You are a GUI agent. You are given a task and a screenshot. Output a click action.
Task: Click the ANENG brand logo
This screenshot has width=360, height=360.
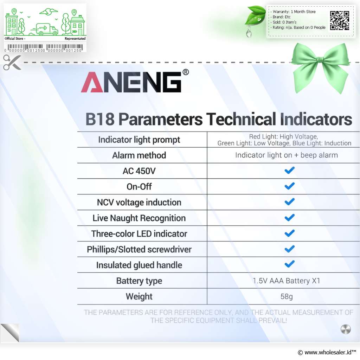tap(131, 82)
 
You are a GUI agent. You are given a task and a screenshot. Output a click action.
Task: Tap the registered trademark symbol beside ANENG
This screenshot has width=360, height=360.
tap(186, 72)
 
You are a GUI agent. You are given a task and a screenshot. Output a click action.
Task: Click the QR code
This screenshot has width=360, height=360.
tap(340, 21)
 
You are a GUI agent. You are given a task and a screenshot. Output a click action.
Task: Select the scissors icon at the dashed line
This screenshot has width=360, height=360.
tap(12, 62)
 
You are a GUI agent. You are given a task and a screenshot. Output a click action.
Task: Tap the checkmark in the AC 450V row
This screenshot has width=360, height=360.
tap(289, 171)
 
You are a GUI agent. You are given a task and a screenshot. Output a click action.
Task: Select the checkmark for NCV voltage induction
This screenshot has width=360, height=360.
tap(289, 202)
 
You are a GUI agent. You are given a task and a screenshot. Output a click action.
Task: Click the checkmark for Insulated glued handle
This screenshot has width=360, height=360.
tap(289, 264)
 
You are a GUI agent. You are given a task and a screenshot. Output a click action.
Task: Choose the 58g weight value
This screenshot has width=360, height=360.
tap(287, 296)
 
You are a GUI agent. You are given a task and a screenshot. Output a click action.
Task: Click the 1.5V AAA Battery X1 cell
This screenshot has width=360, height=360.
tap(286, 281)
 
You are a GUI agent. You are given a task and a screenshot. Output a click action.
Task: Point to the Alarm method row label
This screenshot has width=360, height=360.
tap(139, 155)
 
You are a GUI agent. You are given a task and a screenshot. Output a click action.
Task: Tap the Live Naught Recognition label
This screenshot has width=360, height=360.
tap(139, 218)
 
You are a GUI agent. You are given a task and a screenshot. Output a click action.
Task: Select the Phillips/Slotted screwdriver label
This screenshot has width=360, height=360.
tap(139, 249)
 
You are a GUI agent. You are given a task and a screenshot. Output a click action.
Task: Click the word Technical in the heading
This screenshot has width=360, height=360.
tap(241, 119)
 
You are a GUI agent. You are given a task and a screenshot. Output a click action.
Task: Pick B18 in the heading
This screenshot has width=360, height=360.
tap(100, 119)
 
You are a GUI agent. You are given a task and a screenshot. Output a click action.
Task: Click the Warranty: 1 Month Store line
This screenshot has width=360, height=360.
tap(294, 12)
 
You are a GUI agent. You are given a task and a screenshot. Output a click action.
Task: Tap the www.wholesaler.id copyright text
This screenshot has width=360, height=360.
tap(327, 352)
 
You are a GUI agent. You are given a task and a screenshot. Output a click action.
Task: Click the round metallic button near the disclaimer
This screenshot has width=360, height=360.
tap(346, 329)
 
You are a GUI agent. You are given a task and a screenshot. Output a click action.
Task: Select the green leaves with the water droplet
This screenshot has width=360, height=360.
tap(255, 21)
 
